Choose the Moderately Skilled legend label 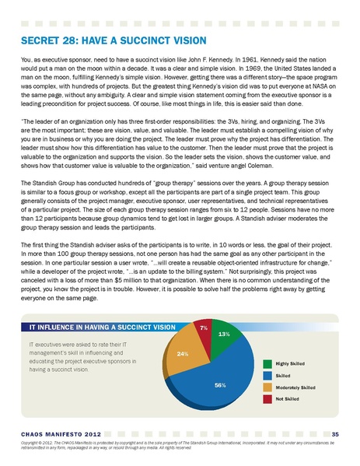[x=296, y=387]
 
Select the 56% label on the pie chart [x=220, y=384]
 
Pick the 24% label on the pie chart [x=183, y=354]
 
